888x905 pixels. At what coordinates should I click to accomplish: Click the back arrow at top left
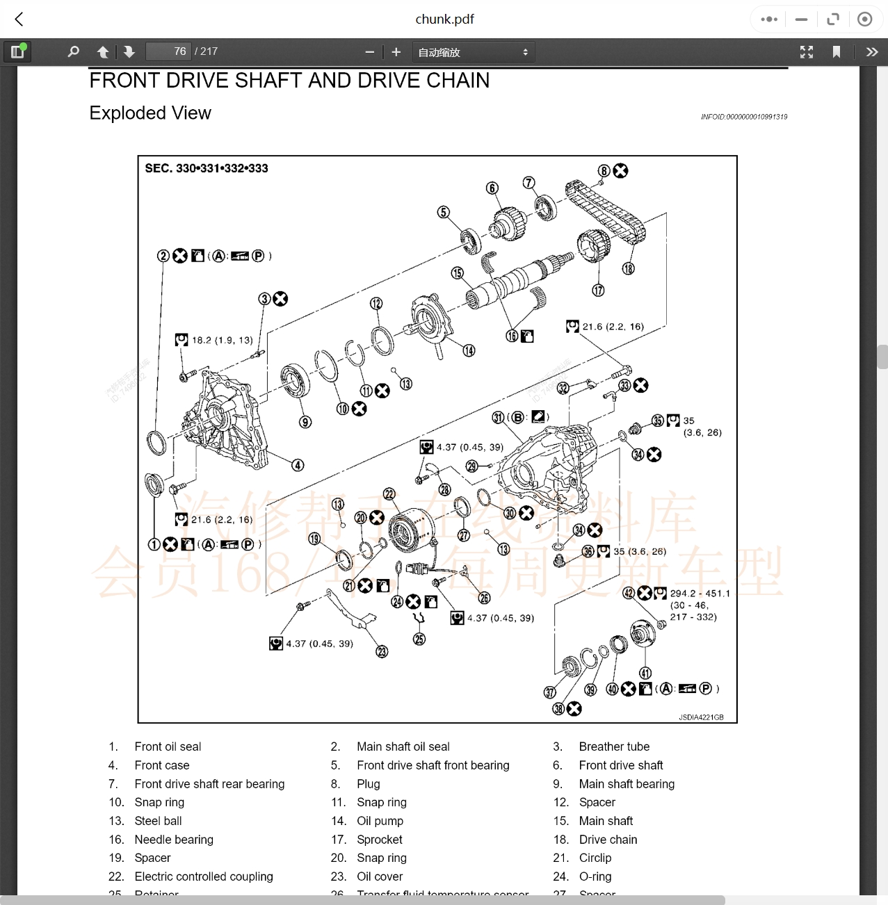[x=19, y=19]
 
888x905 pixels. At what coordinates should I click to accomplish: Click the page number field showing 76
[x=168, y=51]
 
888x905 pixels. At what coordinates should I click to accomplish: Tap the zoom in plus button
[x=396, y=52]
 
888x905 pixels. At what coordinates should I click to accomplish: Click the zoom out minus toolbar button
[x=369, y=52]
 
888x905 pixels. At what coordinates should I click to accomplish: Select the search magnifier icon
[x=73, y=52]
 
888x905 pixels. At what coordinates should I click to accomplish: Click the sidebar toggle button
[x=17, y=52]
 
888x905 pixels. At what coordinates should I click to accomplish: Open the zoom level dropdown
[x=473, y=52]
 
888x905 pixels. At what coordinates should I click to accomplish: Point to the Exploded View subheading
[x=150, y=113]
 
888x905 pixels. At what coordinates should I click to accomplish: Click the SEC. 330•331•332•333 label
[x=207, y=168]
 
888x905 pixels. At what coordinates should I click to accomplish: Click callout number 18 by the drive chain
[x=628, y=269]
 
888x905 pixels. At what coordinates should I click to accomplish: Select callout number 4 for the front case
[x=298, y=465]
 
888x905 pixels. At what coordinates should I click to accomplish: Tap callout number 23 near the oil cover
[x=382, y=651]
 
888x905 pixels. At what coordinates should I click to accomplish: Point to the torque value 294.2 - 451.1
[x=700, y=594]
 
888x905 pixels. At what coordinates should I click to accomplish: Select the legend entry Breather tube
[x=614, y=747]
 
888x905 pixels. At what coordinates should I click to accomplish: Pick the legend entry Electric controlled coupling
[x=204, y=877]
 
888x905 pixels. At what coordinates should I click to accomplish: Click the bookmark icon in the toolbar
[x=836, y=52]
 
